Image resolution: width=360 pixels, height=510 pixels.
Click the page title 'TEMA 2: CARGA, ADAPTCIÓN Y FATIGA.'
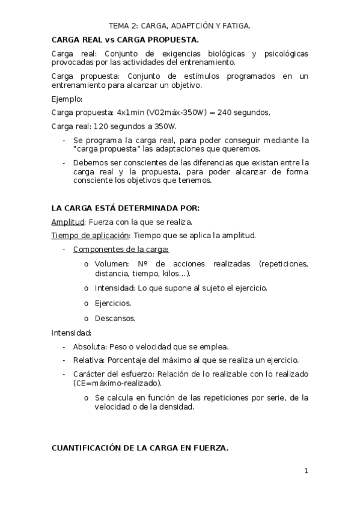pos(180,26)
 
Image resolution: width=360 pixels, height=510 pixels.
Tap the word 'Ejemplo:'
pos(67,99)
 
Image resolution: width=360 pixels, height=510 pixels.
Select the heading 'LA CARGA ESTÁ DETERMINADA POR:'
pos(125,208)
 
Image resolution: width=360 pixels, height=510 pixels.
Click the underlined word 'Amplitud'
pos(67,222)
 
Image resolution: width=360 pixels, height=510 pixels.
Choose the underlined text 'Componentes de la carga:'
pos(121,249)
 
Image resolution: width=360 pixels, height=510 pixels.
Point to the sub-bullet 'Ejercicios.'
pos(113,303)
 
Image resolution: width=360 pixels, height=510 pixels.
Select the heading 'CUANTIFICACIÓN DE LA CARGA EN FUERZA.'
pos(139,448)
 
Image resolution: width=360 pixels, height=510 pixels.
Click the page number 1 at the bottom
pos(305,471)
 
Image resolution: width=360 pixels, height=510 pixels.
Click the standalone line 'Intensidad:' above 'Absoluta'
pos(72,333)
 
